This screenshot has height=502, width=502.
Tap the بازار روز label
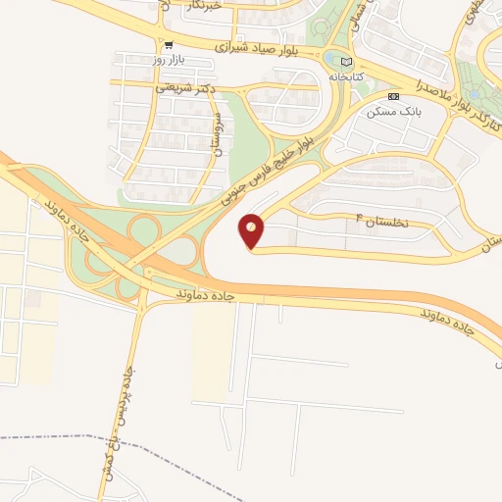click(170, 61)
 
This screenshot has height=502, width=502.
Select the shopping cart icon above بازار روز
click(170, 45)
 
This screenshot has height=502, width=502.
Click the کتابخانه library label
click(345, 75)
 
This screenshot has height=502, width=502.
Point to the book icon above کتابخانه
click(345, 61)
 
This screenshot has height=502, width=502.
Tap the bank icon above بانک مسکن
click(394, 96)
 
